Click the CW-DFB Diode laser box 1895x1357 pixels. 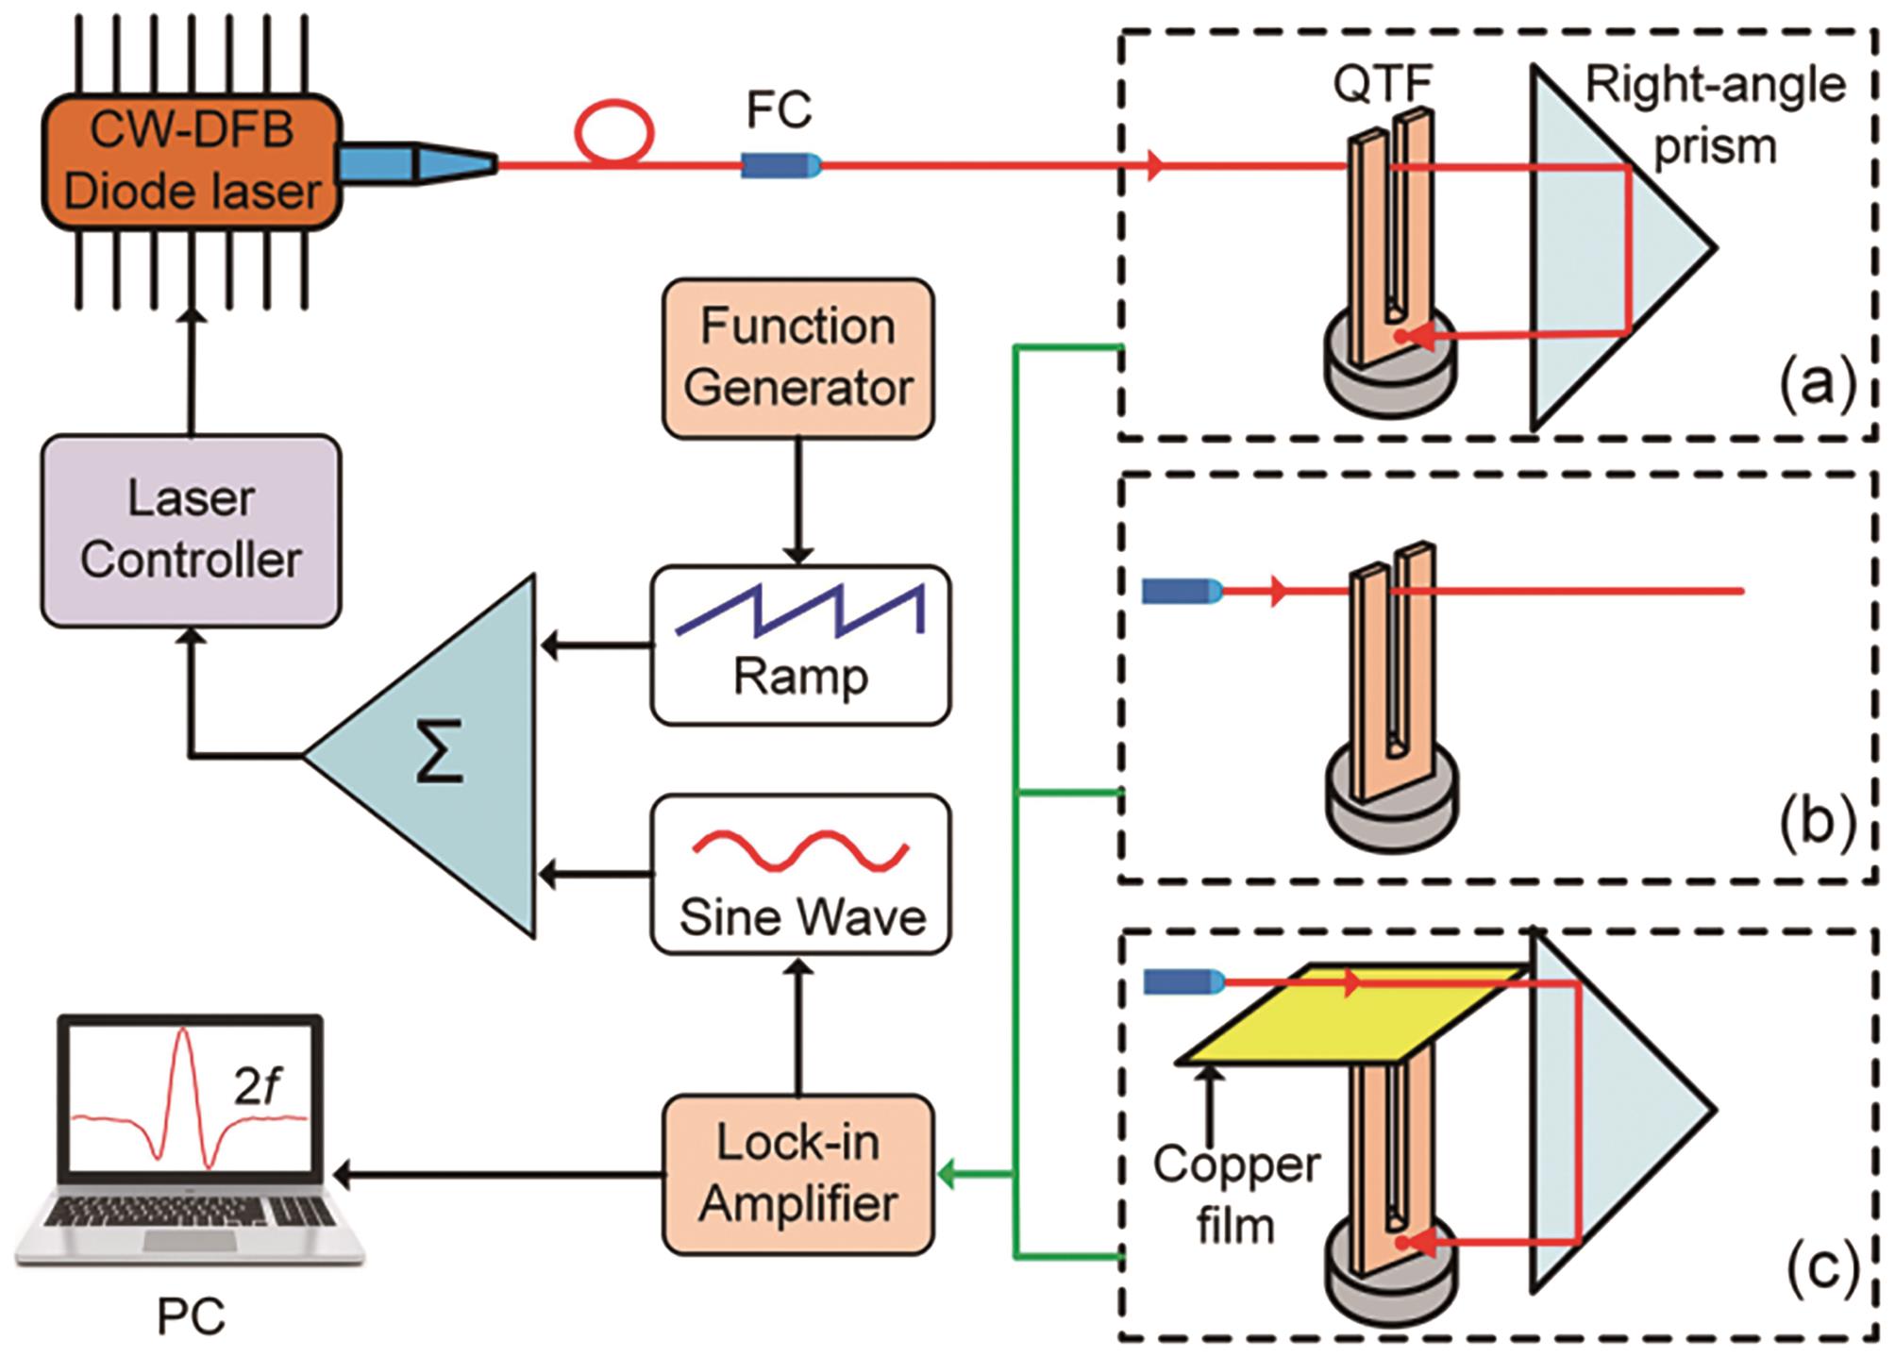pyautogui.click(x=192, y=161)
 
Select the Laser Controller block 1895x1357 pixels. pyautogui.click(x=191, y=530)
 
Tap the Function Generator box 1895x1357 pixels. pyautogui.click(x=798, y=358)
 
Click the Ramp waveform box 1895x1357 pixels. pyautogui.click(x=800, y=645)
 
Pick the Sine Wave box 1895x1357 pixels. pyautogui.click(x=800, y=874)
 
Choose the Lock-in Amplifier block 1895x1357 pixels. pyautogui.click(x=798, y=1174)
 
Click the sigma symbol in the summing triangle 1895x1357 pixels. pyautogui.click(x=441, y=752)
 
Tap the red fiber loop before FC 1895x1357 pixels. pyautogui.click(x=615, y=132)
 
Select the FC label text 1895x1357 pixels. pyautogui.click(x=779, y=110)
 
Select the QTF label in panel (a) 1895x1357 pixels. pyautogui.click(x=1383, y=84)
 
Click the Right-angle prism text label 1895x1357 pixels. pyautogui.click(x=1714, y=115)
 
